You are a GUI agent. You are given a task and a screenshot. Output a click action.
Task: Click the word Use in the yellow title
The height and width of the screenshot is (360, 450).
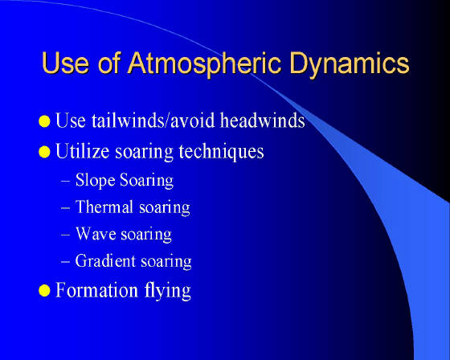[x=65, y=63]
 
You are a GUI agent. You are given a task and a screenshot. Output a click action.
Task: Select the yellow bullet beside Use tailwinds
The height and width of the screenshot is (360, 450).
[x=44, y=121]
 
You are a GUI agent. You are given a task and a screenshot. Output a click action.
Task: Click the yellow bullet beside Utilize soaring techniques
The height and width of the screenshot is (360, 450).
[x=44, y=152]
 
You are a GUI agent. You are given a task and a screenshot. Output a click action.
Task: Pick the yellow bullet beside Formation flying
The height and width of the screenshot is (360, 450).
[x=44, y=291]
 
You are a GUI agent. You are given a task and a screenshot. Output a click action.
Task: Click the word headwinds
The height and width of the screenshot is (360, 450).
[x=262, y=120]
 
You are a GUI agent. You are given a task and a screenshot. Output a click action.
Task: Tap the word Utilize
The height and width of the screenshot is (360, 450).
[x=82, y=151]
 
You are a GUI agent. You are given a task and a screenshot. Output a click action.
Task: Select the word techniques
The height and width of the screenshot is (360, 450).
[x=221, y=152]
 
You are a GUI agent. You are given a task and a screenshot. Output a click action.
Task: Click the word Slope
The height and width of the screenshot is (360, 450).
[x=96, y=181]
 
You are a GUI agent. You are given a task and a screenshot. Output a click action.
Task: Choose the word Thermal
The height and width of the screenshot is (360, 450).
[x=104, y=207]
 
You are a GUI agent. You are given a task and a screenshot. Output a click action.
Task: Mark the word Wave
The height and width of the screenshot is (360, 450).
[x=96, y=234]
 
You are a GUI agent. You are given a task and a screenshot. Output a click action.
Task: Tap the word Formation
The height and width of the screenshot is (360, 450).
[x=96, y=290]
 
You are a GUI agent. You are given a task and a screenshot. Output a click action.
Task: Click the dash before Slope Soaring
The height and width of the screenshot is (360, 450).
[x=65, y=182]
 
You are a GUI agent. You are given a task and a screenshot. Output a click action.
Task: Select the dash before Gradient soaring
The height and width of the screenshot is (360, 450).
[x=65, y=262]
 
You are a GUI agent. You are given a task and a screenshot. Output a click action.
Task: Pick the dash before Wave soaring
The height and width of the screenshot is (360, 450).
[x=65, y=235]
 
